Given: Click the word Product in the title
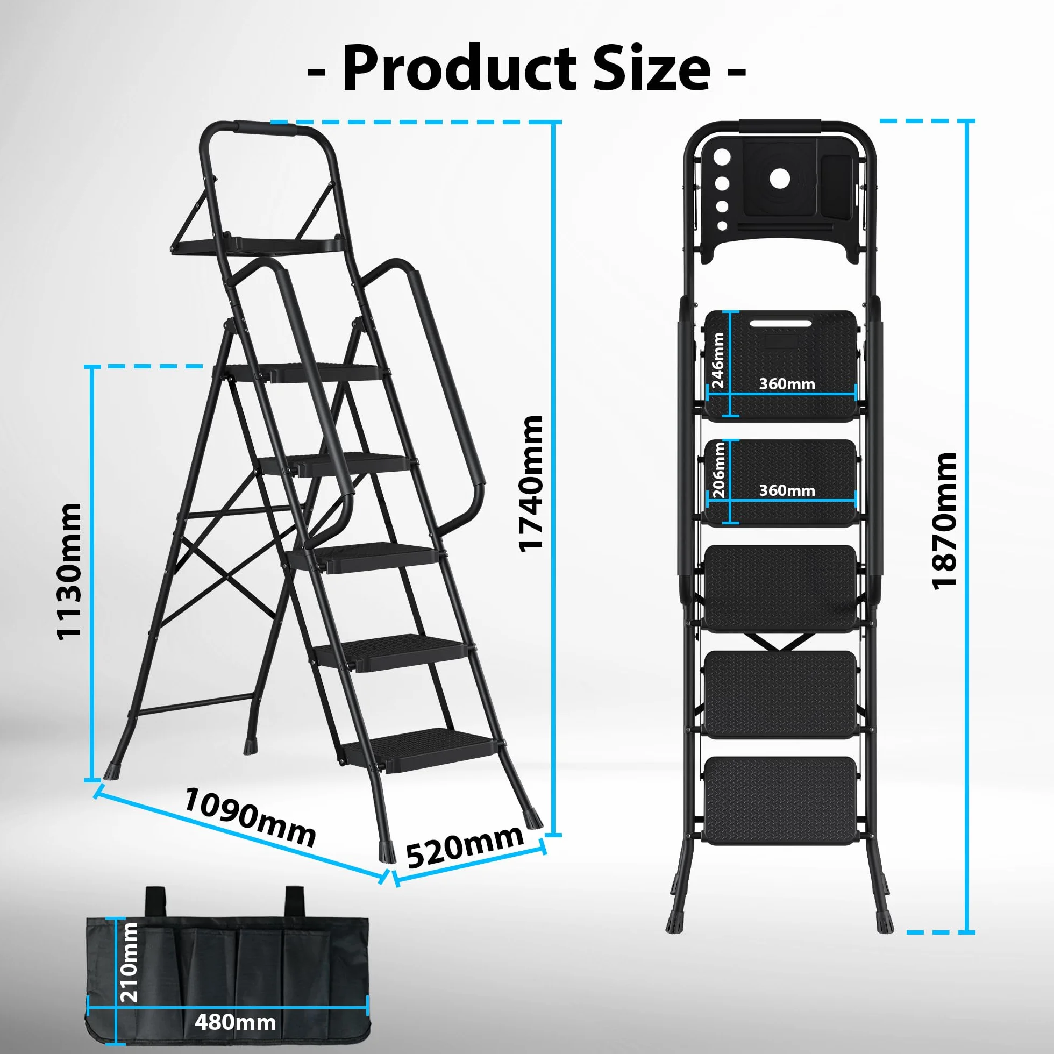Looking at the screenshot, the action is point(459,69).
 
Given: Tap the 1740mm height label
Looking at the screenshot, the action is point(531,484).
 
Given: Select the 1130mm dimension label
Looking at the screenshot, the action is point(69,570).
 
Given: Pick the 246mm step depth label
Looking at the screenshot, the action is point(718,361).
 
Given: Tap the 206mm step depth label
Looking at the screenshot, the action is point(718,470).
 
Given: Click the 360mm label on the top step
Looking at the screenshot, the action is point(787,384).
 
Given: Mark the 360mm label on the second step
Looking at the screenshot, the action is point(787,490).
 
